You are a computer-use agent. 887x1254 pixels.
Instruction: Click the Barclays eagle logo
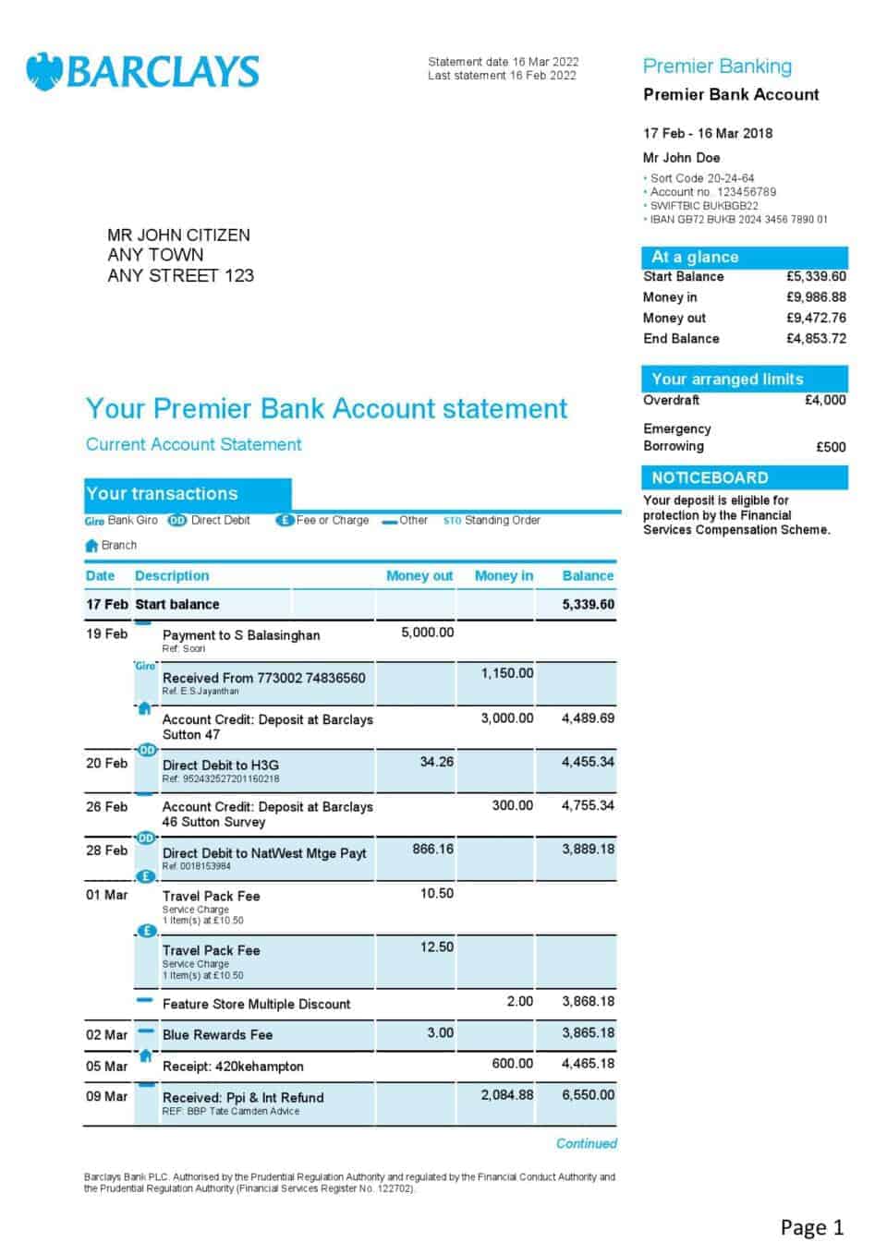[43, 71]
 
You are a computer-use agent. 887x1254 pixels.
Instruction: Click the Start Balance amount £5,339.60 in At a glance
[816, 276]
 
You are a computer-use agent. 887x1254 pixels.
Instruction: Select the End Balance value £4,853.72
[816, 338]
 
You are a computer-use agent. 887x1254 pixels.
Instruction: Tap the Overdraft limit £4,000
[825, 400]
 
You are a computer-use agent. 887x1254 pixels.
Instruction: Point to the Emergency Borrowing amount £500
[831, 447]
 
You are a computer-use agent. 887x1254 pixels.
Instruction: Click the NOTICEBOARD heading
[710, 477]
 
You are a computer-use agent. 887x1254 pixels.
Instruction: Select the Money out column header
[419, 575]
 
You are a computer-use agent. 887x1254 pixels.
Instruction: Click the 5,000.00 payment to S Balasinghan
[427, 633]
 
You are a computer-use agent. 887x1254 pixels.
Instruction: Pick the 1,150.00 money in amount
[507, 673]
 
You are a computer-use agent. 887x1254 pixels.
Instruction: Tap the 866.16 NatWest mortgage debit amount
[432, 849]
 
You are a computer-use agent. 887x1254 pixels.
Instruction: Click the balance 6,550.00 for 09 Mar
[588, 1094]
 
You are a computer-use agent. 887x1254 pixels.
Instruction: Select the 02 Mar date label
[107, 1034]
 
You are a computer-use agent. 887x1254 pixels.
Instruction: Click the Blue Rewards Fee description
[217, 1034]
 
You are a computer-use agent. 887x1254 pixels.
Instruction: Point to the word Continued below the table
[586, 1143]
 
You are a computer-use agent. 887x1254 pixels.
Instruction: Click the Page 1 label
[811, 1227]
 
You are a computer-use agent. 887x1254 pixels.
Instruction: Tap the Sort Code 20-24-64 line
[701, 178]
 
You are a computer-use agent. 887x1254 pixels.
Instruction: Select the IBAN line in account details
[738, 220]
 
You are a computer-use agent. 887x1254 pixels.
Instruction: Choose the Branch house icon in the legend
[91, 546]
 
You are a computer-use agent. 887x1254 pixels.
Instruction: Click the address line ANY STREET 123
[180, 275]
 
